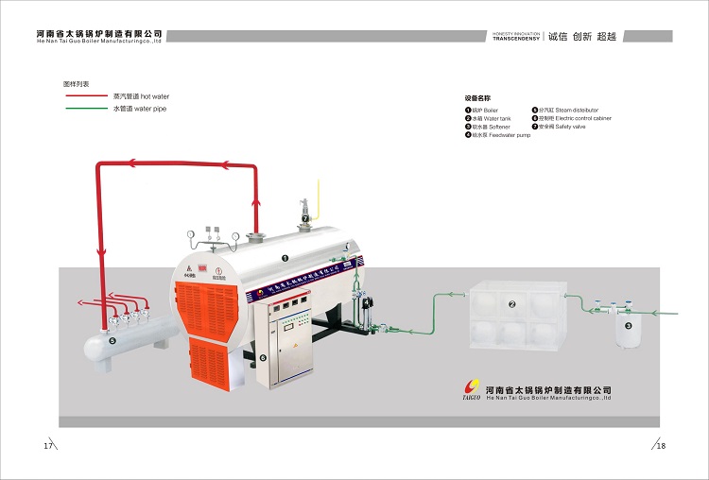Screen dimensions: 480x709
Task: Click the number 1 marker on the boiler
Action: [x=285, y=257]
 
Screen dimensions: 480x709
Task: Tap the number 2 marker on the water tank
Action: [x=511, y=304]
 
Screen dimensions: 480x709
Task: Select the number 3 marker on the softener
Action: [x=628, y=325]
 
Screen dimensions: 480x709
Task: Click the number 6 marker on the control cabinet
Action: [x=263, y=358]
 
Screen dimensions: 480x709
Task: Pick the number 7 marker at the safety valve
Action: [x=305, y=219]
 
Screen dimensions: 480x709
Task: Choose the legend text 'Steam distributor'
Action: [x=577, y=111]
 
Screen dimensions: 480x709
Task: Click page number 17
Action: [x=47, y=445]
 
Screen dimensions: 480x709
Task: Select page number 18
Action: [x=662, y=445]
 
